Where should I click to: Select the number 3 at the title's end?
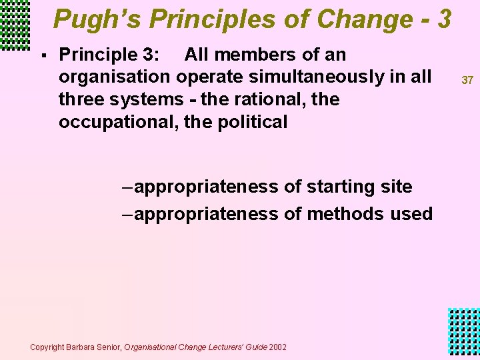[x=445, y=19]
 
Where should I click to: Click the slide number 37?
[x=467, y=80]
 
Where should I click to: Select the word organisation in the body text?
[x=115, y=77]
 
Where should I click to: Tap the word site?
[x=395, y=187]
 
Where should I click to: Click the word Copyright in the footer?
[x=47, y=347]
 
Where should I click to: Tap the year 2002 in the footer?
[x=278, y=347]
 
